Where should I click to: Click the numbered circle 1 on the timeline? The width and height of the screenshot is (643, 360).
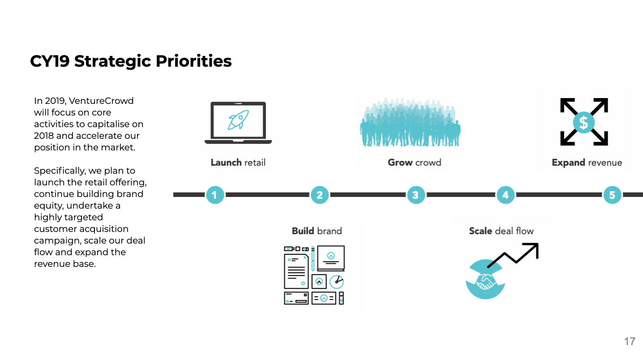point(215,195)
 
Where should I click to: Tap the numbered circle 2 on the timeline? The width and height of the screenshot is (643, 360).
point(320,195)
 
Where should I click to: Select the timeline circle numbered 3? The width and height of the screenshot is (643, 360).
point(416,195)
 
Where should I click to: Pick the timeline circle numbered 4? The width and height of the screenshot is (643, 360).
point(506,195)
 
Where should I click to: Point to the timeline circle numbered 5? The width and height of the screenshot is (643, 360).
point(612,195)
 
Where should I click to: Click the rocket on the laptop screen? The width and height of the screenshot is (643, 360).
point(238,120)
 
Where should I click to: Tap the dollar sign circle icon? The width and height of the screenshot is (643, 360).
point(584,122)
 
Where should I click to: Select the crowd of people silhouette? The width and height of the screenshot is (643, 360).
point(410,123)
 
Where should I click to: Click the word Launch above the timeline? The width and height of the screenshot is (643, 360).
point(226,163)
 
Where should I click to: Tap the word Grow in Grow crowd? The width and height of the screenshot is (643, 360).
point(400,163)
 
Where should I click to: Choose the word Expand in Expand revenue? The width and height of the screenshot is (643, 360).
point(568,163)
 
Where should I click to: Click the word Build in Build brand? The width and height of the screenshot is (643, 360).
point(303,231)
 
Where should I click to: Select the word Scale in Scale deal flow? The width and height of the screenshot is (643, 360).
point(480,231)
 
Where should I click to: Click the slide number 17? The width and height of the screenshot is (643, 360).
point(630,342)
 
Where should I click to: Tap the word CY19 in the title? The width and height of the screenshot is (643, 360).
point(50,61)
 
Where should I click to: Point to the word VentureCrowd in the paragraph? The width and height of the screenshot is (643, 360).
point(101,101)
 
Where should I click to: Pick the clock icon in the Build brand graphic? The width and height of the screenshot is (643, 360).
point(336,282)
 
